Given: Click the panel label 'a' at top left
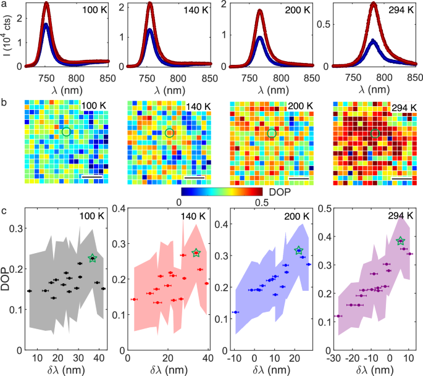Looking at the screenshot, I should [x=4, y=5].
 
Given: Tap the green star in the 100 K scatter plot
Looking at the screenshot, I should [x=93, y=258].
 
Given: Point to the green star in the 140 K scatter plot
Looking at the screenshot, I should [x=196, y=253].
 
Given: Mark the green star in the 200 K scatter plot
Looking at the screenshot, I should [x=299, y=251].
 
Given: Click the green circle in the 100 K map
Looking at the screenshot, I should [x=66, y=132].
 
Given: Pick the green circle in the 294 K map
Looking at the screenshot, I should [x=375, y=133].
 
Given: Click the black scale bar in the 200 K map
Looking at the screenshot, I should [x=297, y=179].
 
